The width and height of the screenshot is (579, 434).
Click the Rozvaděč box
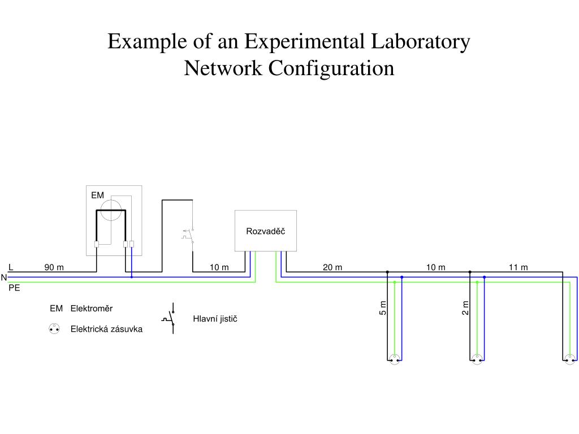point(265,231)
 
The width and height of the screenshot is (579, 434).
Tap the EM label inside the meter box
point(98,196)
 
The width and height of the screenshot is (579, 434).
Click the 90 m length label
point(54,267)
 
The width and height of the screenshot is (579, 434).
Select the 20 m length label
point(332,267)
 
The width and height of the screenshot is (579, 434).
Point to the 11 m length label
point(518,267)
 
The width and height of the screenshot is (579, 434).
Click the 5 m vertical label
point(383,308)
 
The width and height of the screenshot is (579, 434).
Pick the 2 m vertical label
point(465,308)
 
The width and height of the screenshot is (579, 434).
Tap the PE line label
point(14,288)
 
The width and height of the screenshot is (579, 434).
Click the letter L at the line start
point(11,267)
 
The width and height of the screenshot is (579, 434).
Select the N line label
point(4,277)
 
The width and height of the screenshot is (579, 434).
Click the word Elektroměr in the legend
point(92,309)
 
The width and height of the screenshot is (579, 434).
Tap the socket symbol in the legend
point(54,328)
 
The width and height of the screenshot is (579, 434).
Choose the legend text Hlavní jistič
point(215,319)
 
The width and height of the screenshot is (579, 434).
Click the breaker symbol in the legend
point(170,318)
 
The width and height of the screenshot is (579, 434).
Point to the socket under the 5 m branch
point(395,359)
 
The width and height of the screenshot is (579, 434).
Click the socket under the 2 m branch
point(477,359)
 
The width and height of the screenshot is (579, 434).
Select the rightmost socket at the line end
point(571,359)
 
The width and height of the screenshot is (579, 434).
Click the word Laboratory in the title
point(420,42)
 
